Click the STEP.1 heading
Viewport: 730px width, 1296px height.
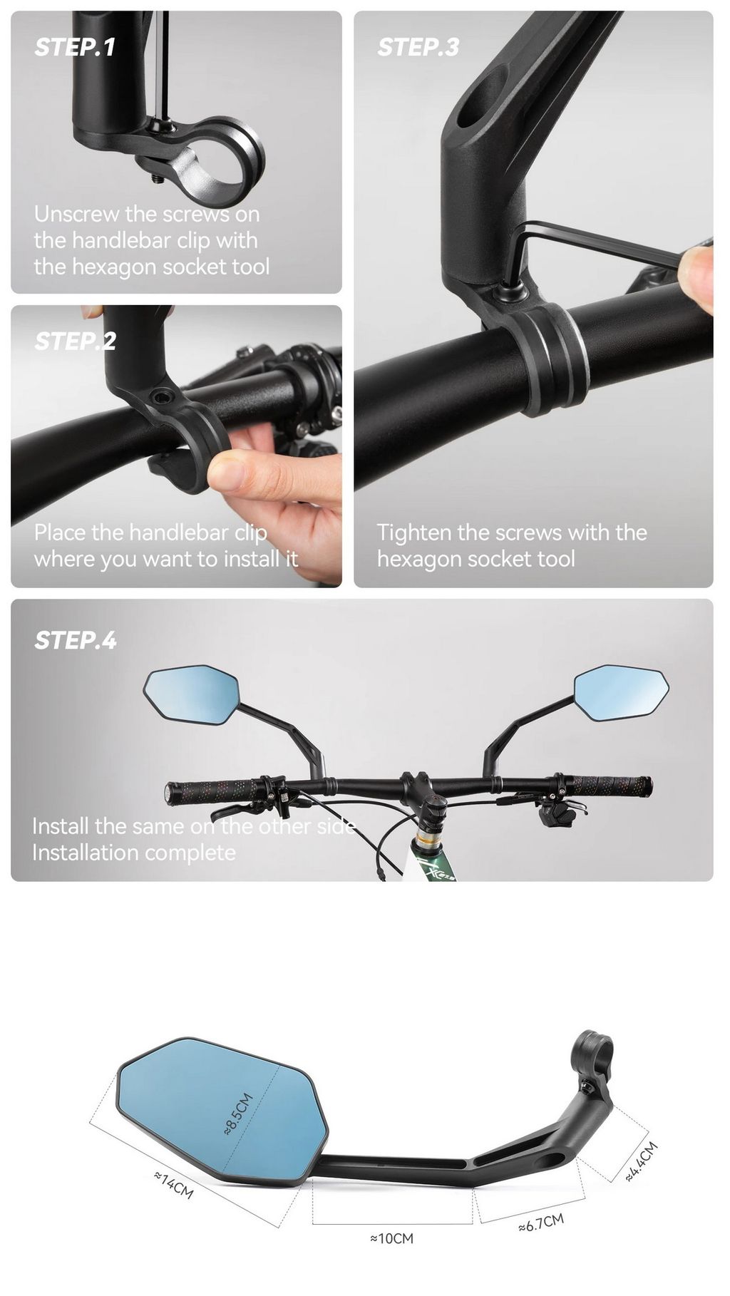(x=75, y=47)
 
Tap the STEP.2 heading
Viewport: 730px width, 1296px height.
(x=75, y=341)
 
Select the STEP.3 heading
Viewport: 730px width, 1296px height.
(x=418, y=47)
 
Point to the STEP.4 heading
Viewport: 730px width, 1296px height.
(x=76, y=640)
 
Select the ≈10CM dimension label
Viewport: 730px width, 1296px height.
(x=391, y=1239)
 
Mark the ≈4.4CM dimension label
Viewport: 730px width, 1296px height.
(x=641, y=1162)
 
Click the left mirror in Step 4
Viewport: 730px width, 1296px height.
(x=191, y=695)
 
